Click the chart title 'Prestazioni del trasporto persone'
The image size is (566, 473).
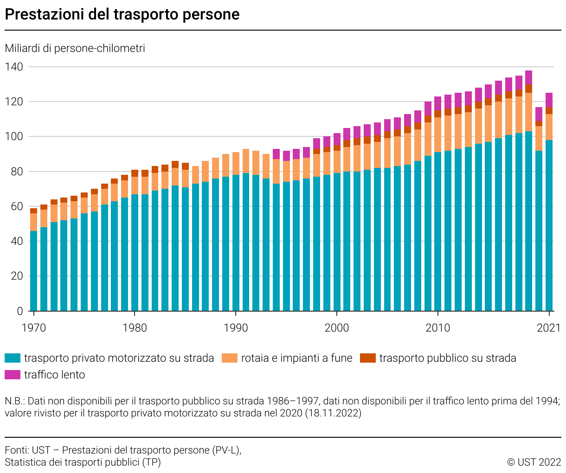[x=122, y=14]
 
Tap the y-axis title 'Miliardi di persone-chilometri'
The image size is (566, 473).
[x=75, y=48]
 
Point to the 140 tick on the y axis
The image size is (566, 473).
[x=13, y=67]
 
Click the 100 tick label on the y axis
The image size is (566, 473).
[x=13, y=137]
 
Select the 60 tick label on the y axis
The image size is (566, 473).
[x=13, y=206]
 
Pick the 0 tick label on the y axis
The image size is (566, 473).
[x=20, y=311]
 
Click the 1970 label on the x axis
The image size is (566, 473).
[x=34, y=328]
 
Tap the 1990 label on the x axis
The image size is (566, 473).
[x=236, y=328]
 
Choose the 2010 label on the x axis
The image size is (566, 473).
[x=437, y=328]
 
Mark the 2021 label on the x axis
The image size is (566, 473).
[x=549, y=328]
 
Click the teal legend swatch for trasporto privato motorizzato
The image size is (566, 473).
[x=13, y=358]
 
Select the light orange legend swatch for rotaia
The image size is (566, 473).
[x=230, y=358]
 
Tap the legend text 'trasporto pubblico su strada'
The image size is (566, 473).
[x=448, y=358]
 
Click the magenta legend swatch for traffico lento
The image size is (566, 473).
[x=13, y=375]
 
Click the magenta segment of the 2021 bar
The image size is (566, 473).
[x=549, y=100]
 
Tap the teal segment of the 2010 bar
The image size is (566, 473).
[x=437, y=232]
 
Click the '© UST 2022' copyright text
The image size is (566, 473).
[x=534, y=462]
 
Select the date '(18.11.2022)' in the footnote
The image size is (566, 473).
[x=333, y=413]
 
